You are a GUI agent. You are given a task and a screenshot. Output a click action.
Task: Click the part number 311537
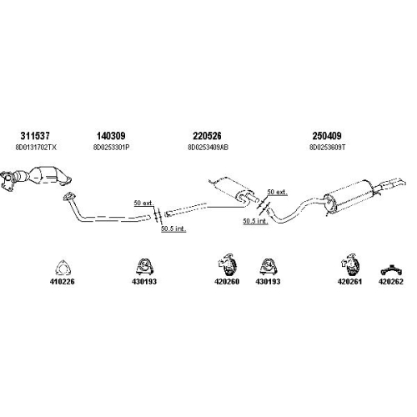35,136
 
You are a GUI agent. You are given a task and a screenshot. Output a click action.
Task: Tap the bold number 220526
207,136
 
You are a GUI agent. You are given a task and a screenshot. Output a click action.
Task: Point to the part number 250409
327,136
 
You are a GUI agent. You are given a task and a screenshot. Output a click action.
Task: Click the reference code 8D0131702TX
36,148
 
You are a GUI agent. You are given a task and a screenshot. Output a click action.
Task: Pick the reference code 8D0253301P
111,148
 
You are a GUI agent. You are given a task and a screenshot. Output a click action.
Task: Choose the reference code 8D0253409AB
208,148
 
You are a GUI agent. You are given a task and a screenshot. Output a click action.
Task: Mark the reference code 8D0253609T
327,148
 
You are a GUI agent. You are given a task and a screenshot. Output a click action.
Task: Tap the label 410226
63,282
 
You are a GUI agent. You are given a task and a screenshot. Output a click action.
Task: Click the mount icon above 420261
349,264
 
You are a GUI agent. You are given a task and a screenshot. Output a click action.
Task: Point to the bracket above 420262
391,269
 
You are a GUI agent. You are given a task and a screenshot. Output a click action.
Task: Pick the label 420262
390,282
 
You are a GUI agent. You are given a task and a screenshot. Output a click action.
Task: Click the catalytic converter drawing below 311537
36,178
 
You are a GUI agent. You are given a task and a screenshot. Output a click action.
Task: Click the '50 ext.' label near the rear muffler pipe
277,192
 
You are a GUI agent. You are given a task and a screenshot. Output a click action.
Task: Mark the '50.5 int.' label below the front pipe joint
173,229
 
